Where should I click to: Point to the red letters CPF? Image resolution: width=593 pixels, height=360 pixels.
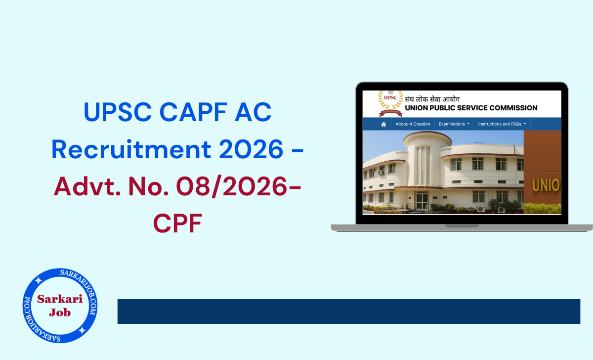tap(177, 224)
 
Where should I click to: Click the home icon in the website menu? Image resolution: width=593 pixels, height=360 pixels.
tap(383, 124)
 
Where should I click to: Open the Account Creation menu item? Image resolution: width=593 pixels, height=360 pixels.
tap(413, 124)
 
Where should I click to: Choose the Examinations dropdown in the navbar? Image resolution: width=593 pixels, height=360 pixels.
tap(454, 124)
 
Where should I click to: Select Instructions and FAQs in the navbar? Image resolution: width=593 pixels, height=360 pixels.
tap(502, 124)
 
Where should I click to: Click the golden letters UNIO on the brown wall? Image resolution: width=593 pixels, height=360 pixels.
tap(546, 185)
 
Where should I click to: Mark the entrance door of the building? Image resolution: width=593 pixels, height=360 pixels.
tap(422, 201)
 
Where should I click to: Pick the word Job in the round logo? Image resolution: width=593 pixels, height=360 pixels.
tap(60, 312)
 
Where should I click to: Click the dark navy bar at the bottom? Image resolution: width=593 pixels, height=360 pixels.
tap(348, 312)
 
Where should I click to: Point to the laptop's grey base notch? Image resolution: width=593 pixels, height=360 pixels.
tap(462, 225)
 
